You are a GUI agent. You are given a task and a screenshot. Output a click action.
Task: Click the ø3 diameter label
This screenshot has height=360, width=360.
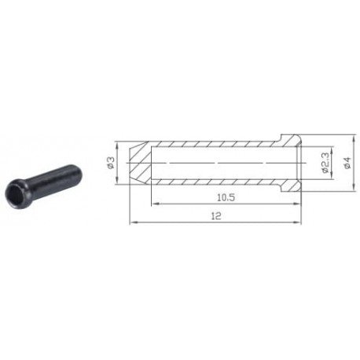111,163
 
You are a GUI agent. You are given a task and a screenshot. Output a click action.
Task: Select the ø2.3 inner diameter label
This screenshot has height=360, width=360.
325,163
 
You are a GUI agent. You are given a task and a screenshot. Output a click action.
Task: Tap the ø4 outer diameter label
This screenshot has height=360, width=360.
347,163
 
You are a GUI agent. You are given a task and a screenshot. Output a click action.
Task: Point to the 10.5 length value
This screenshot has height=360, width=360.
226,197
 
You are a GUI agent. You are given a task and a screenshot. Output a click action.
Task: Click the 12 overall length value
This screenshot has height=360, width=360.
216,216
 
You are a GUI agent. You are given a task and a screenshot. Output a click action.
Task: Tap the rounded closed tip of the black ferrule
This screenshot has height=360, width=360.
78,171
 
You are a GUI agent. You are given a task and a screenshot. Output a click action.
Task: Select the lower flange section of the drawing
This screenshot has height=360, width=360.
288,185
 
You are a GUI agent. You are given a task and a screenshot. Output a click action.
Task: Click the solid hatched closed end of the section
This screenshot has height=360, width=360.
140,163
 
